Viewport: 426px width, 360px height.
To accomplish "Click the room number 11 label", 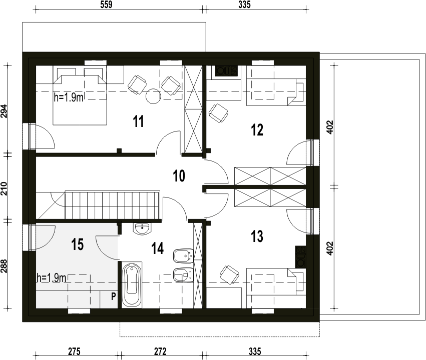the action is [x=139, y=121].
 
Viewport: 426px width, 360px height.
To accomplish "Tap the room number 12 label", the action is [x=257, y=129].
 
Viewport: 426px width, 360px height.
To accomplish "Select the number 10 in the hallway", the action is [x=179, y=176].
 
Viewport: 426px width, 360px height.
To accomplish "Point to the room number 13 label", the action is [x=257, y=236].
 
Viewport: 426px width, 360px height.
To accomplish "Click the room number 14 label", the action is [x=158, y=248].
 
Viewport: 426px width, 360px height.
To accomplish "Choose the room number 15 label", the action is [x=78, y=244].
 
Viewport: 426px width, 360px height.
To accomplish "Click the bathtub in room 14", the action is [x=132, y=285].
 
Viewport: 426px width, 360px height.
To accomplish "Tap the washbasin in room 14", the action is [x=142, y=228].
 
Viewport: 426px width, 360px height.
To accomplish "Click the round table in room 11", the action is [x=153, y=96].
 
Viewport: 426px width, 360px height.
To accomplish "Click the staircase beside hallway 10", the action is [x=112, y=205].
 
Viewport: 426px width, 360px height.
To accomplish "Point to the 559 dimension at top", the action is [x=106, y=4].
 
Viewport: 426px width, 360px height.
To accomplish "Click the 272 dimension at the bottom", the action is [x=160, y=351].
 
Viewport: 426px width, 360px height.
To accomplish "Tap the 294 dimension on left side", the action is [x=5, y=110].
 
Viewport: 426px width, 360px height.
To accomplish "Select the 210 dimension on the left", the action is [x=5, y=188].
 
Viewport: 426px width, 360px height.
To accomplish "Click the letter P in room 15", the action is [x=114, y=296].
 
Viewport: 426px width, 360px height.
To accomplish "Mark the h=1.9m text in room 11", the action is [x=69, y=97].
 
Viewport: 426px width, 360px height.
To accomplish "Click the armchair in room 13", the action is [x=230, y=274].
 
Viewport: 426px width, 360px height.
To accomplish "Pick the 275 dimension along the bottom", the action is [x=74, y=351].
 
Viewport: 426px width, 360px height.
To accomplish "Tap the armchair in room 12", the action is [x=218, y=113].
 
